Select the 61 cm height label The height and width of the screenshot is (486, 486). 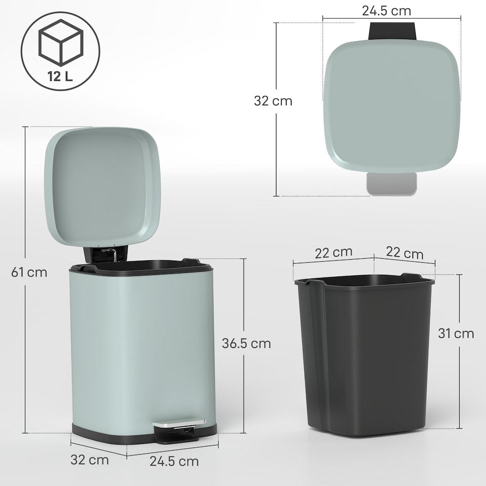pyautogui.click(x=29, y=272)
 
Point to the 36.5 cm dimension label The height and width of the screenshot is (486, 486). pyautogui.click(x=247, y=343)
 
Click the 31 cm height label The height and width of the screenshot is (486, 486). pyautogui.click(x=456, y=334)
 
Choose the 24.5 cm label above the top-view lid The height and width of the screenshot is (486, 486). pyautogui.click(x=387, y=10)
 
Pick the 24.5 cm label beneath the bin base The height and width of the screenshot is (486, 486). pyautogui.click(x=174, y=461)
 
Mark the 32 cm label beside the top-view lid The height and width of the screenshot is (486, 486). pyautogui.click(x=273, y=101)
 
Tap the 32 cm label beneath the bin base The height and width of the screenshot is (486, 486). pyautogui.click(x=90, y=460)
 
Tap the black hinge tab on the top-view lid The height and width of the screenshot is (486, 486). pyautogui.click(x=392, y=31)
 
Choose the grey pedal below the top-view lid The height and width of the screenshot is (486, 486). pyautogui.click(x=391, y=183)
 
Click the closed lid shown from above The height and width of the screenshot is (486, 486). pyautogui.click(x=392, y=104)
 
